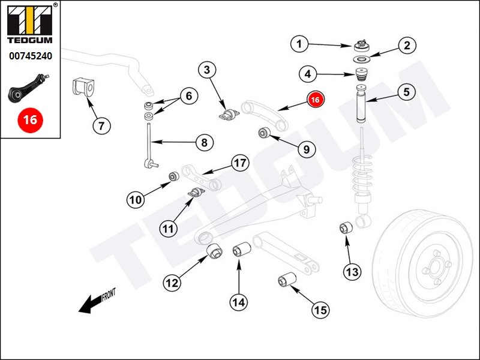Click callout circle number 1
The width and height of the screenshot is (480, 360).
pyautogui.click(x=301, y=43)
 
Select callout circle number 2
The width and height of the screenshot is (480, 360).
pyautogui.click(x=407, y=45)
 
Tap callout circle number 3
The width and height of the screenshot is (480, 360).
pyautogui.click(x=207, y=70)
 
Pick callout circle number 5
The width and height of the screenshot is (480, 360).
pyautogui.click(x=406, y=92)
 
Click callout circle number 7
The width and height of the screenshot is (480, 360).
pyautogui.click(x=101, y=126)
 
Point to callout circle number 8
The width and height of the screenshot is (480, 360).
pyautogui.click(x=204, y=143)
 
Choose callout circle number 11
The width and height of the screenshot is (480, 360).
pyautogui.click(x=169, y=228)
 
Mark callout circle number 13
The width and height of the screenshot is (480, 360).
pyautogui.click(x=352, y=272)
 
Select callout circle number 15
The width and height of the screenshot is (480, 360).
pyautogui.click(x=320, y=310)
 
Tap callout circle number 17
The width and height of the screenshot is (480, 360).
pyautogui.click(x=240, y=163)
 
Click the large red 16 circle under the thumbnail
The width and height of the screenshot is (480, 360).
pyautogui.click(x=29, y=119)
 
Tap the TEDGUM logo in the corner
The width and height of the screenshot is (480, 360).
pyautogui.click(x=29, y=26)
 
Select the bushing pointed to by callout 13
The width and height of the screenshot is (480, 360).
pyautogui.click(x=346, y=228)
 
